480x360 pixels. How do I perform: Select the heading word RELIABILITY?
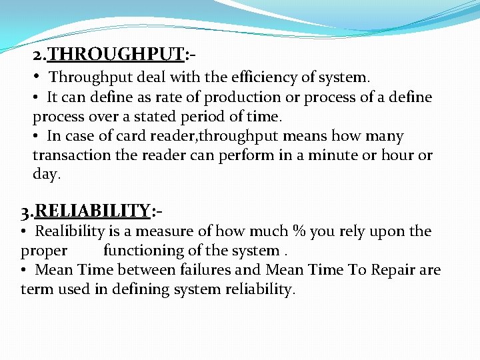(x=93, y=211)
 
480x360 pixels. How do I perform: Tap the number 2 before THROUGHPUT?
(x=37, y=55)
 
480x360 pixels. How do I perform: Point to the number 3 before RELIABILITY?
(x=25, y=212)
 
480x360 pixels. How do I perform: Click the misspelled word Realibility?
(x=70, y=231)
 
